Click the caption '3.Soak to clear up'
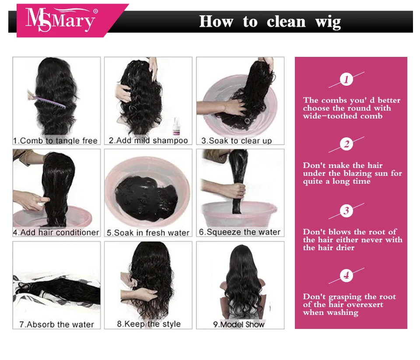click(237, 140)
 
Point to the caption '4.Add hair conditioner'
click(56, 232)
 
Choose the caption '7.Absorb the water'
click(56, 325)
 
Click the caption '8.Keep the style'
click(149, 324)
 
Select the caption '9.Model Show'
click(239, 325)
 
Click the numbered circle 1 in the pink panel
click(346, 80)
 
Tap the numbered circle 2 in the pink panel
click(346, 144)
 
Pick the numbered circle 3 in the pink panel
click(346, 210)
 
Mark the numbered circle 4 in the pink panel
click(346, 275)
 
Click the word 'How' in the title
click(216, 21)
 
